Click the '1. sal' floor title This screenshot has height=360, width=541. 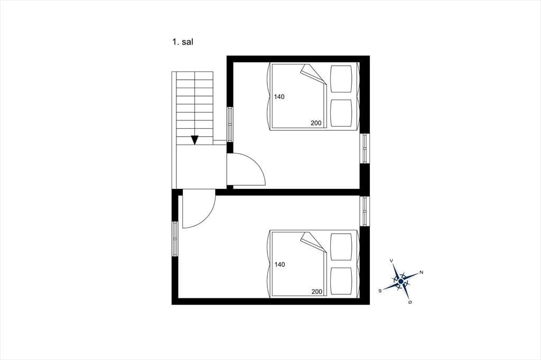[182, 42]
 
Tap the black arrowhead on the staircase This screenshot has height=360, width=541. [195, 140]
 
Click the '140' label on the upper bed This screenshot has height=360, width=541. [279, 97]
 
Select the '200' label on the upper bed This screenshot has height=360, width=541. [316, 123]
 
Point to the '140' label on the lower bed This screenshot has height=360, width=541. [280, 264]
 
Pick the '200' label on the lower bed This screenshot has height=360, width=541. [317, 292]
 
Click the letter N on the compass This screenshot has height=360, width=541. [421, 272]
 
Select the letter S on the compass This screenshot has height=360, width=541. [380, 291]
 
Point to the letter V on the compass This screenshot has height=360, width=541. [391, 261]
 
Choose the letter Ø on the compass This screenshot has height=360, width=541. [410, 302]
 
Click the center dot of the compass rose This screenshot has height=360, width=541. [400, 282]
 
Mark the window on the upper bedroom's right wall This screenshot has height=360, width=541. [365, 148]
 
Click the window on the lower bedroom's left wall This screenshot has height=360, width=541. [175, 239]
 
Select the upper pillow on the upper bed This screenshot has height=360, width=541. [341, 79]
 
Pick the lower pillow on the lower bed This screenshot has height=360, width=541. [341, 281]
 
